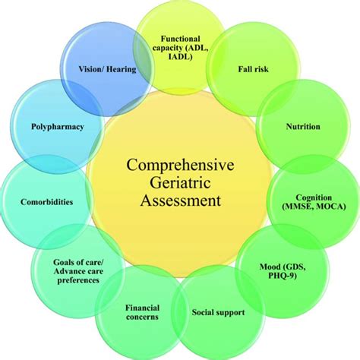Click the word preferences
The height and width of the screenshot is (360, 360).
tap(76, 280)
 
